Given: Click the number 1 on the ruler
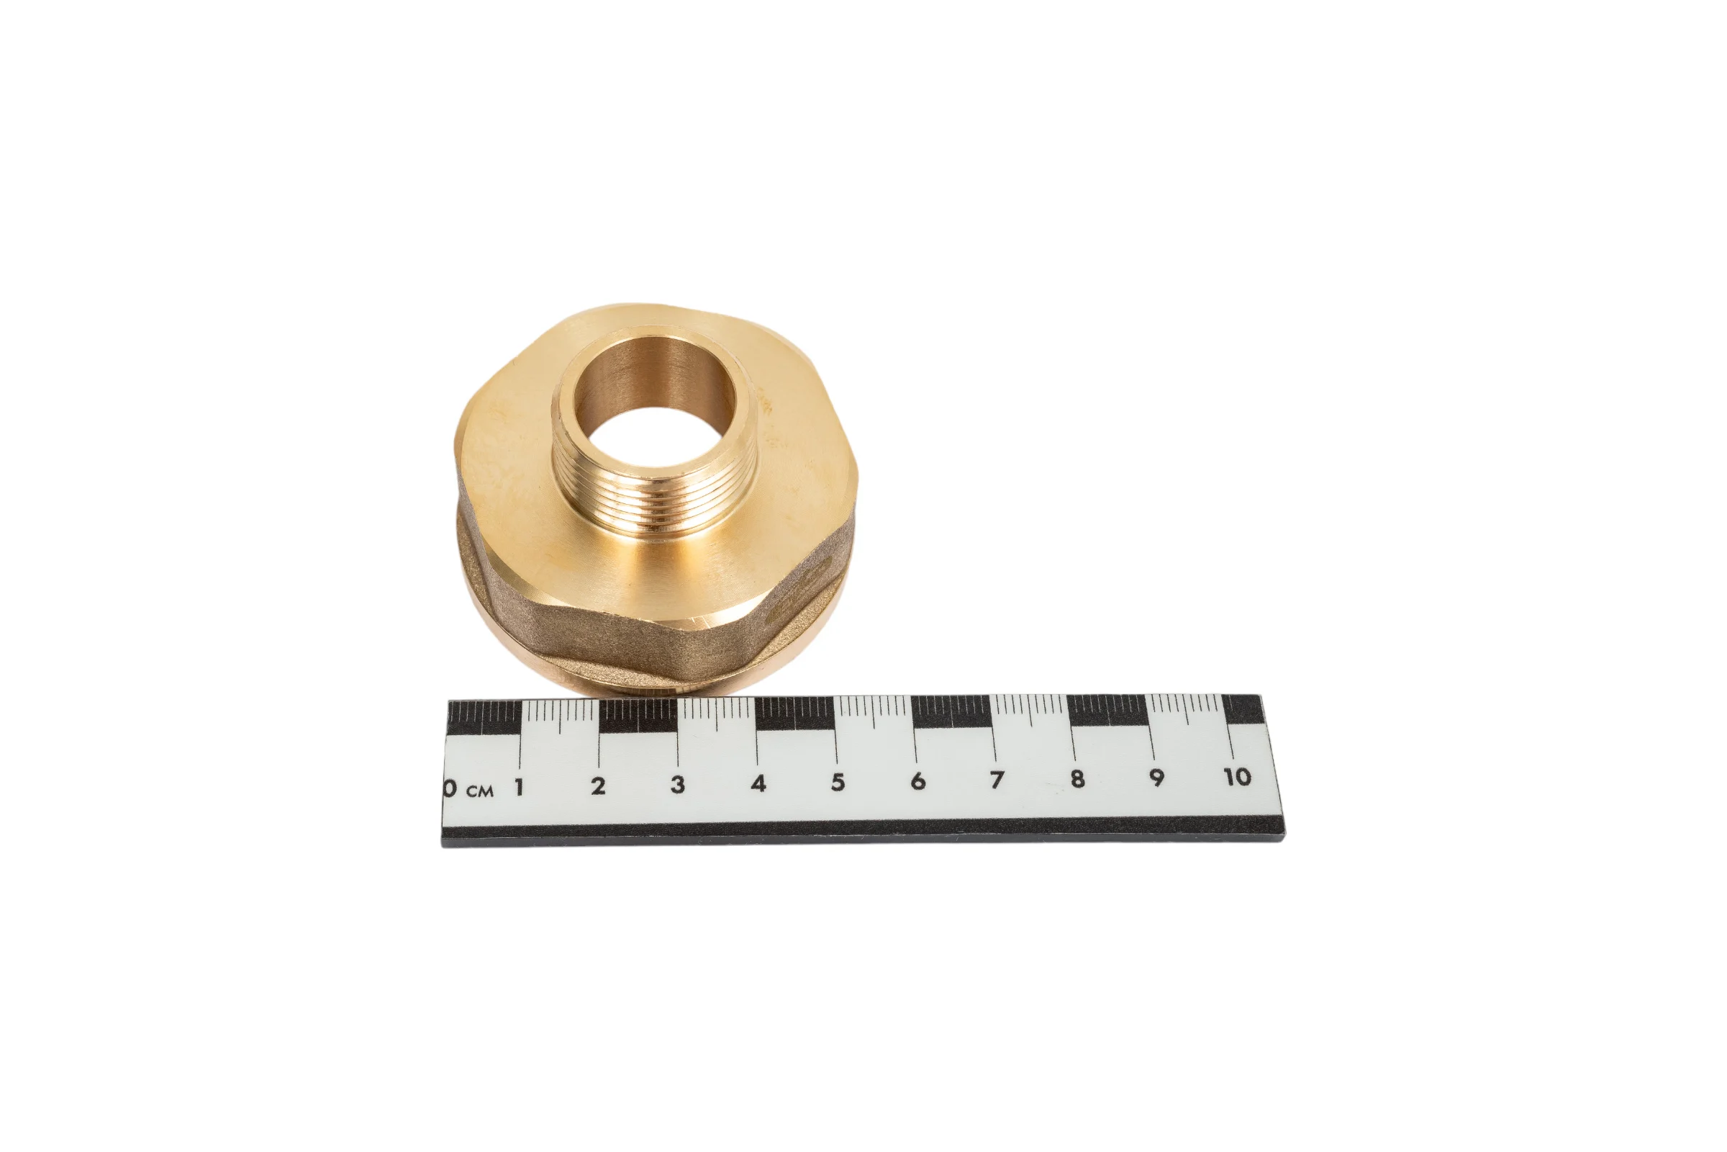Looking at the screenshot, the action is [x=519, y=788].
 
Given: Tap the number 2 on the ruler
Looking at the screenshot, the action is [x=599, y=786].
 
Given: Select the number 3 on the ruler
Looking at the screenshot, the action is [x=678, y=785].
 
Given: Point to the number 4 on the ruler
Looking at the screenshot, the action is [x=758, y=783].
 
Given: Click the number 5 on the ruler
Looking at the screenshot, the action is [x=838, y=783].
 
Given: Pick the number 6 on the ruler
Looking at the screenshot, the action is [x=918, y=781].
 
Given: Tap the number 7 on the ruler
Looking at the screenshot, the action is [x=997, y=780].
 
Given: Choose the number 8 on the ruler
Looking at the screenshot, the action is [x=1077, y=778].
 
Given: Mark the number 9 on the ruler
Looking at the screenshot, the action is [x=1157, y=778].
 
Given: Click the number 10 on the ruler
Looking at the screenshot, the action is [x=1238, y=776].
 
